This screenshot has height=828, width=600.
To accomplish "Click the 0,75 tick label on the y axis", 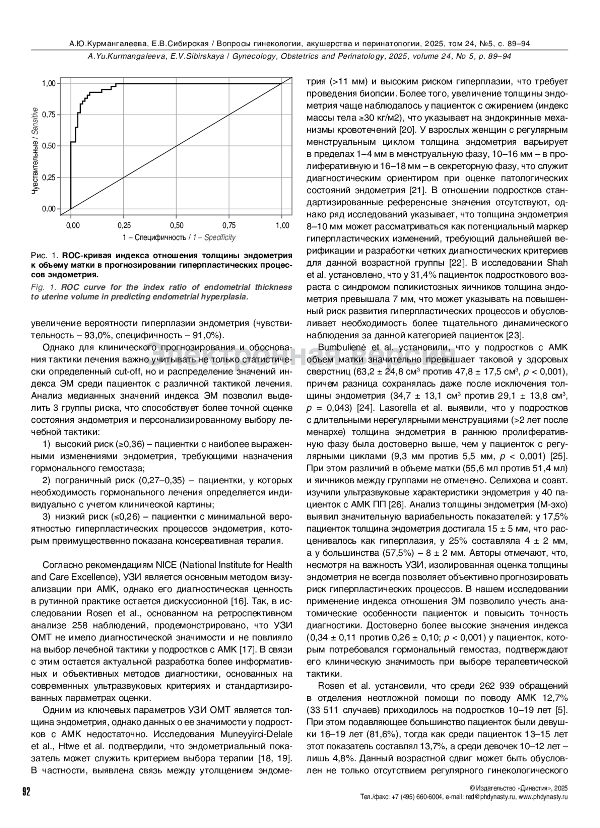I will pyautogui.click(x=49, y=114).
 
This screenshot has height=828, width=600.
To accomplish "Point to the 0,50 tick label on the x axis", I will pyautogui.click(x=177, y=225).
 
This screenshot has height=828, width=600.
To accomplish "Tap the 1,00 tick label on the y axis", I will pyautogui.click(x=49, y=83).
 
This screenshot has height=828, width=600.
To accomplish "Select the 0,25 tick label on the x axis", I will pyautogui.click(x=124, y=225).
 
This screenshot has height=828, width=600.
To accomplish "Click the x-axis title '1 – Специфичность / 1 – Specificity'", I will pyautogui.click(x=179, y=237).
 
